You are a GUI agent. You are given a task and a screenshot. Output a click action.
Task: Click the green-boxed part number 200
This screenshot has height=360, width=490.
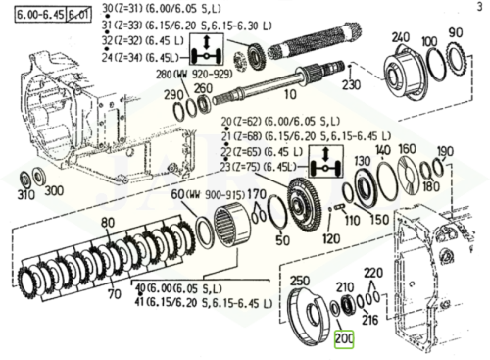pos(345,339)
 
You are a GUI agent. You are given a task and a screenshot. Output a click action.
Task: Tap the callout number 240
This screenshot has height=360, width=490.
pos(400,37)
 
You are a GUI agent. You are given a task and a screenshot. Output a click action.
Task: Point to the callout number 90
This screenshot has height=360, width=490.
pos(455,33)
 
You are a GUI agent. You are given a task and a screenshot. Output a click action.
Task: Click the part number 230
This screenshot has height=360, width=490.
pos(351,84)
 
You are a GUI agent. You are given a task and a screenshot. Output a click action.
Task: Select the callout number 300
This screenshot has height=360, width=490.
pos(53,191)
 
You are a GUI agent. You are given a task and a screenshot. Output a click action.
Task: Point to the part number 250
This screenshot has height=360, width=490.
pos(300,279)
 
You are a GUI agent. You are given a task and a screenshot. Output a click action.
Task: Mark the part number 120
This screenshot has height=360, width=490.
pos(331,238)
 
